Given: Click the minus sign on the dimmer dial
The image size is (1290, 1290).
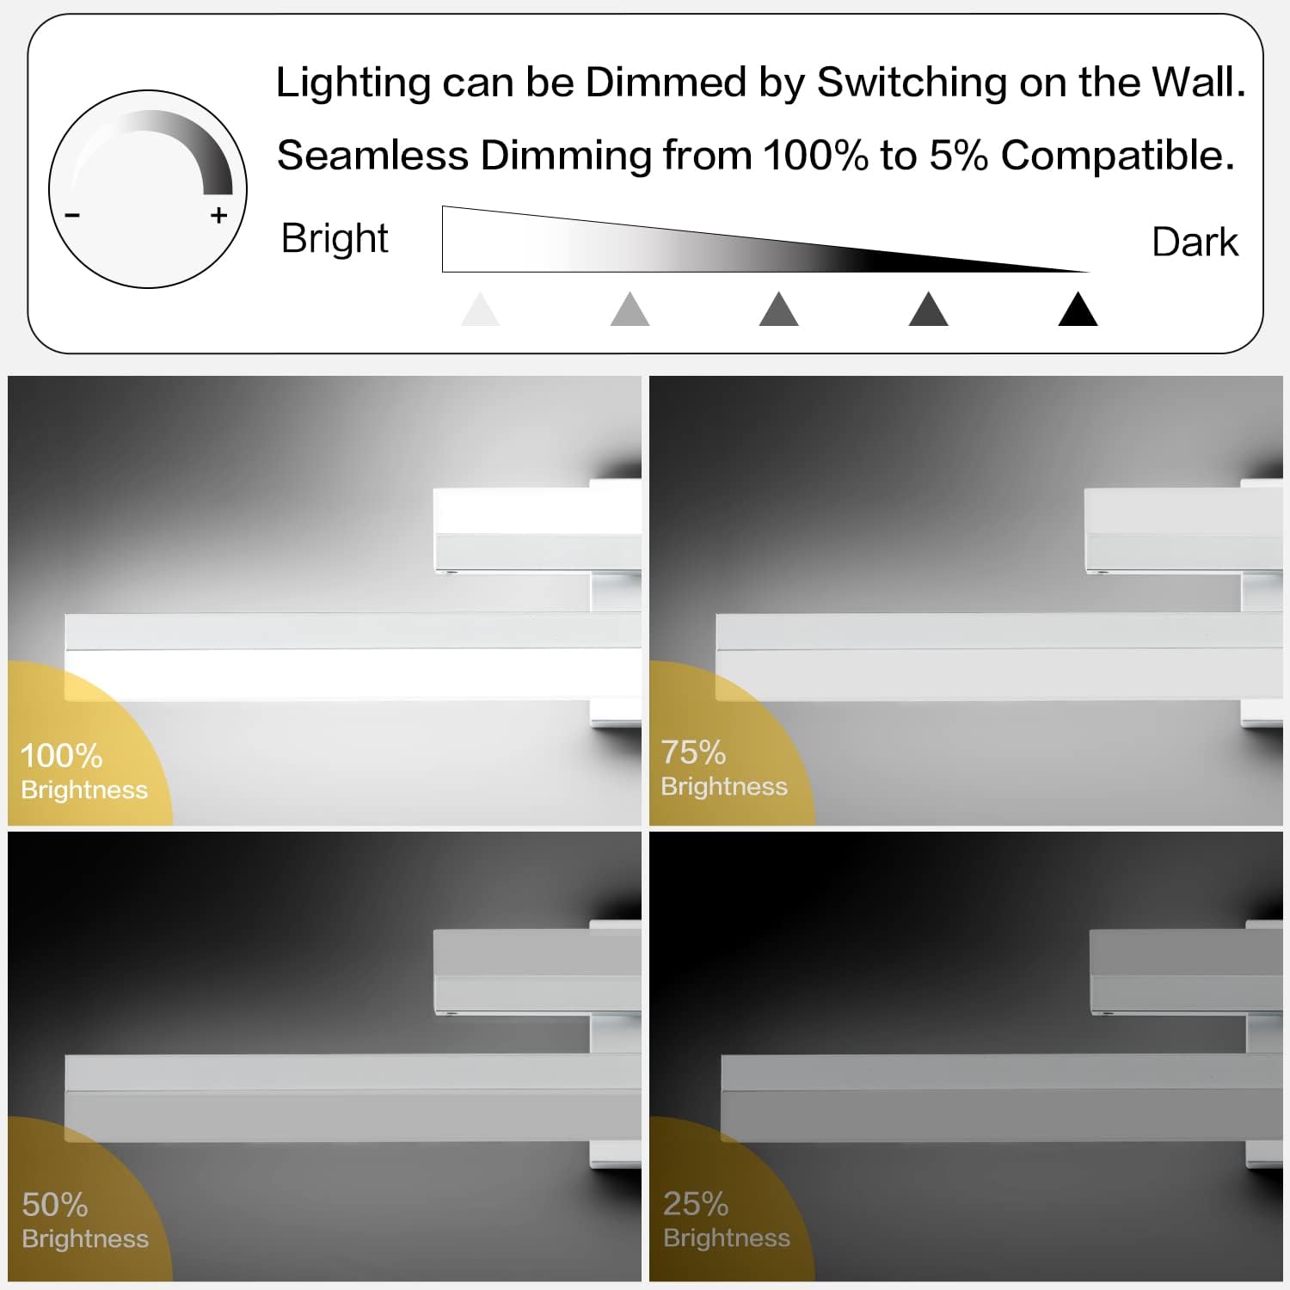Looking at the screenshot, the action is tap(72, 215).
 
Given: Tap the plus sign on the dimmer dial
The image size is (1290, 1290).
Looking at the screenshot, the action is tap(219, 215).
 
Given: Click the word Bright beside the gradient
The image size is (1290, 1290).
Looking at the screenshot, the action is tap(335, 238).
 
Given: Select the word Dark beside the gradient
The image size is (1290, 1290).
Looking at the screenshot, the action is tap(1195, 242).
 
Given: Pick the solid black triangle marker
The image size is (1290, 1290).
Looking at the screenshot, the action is tap(1078, 310).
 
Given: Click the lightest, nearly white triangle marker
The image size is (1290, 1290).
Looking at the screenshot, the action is tap(480, 310).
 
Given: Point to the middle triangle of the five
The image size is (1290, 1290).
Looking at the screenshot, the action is tap(779, 310).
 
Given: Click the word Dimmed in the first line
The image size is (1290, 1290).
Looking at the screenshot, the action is tap(666, 83).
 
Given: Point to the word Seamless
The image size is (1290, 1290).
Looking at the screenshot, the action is tap(373, 156).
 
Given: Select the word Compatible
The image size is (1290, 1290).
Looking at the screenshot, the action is tap(1118, 156).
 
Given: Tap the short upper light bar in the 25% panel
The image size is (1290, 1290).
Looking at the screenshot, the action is tap(1186, 973).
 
